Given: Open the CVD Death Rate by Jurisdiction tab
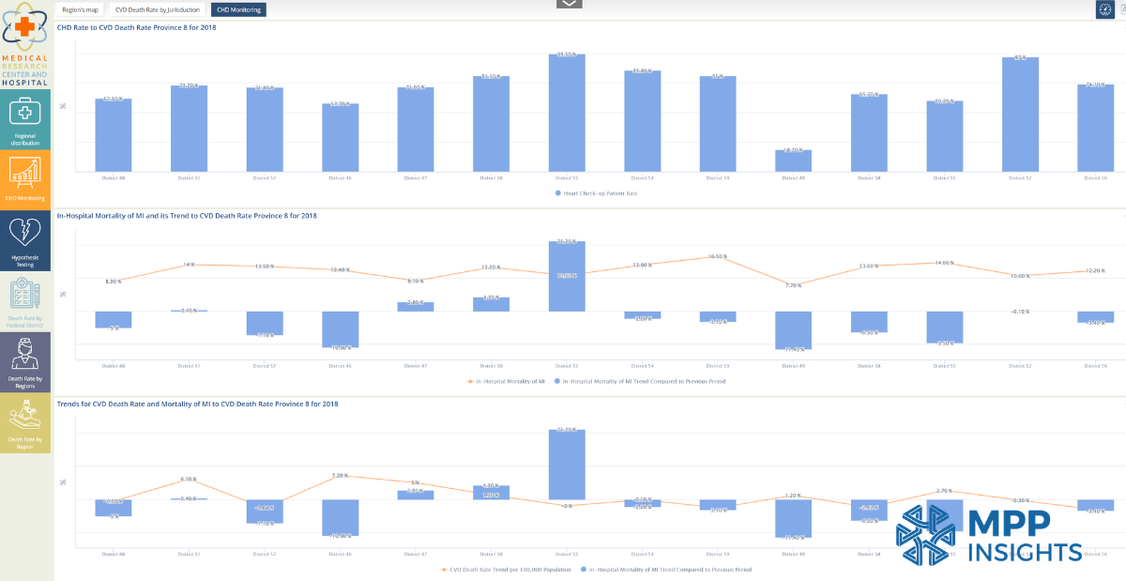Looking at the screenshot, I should tap(158, 9).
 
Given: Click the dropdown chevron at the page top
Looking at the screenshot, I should tap(570, 4).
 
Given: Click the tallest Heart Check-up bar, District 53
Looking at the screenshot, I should tap(567, 113).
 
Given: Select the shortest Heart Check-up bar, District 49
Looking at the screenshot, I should tap(793, 161).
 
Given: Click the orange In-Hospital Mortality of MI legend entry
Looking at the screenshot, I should tap(507, 381).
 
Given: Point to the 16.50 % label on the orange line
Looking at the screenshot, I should tap(718, 256).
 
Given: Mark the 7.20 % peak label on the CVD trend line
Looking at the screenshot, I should tap(340, 476).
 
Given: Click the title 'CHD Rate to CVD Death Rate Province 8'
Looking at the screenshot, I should tap(135, 28).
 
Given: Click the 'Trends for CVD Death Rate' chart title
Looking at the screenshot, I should tap(197, 404).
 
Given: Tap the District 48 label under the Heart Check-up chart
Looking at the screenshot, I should tap(113, 176).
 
